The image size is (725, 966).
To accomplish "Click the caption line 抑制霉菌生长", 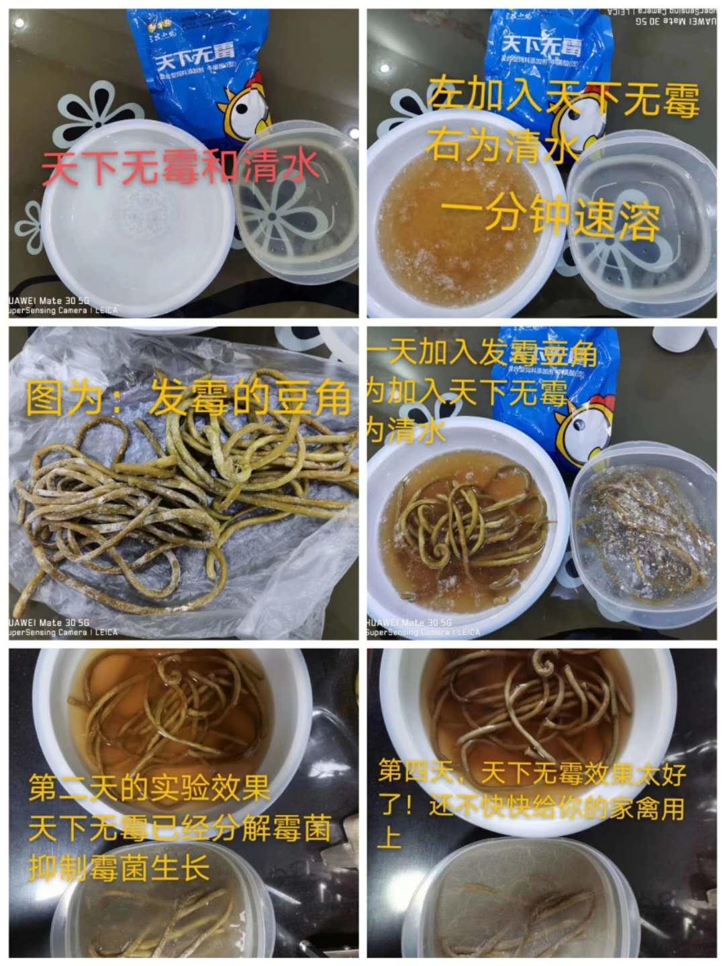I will coord(120,868).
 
